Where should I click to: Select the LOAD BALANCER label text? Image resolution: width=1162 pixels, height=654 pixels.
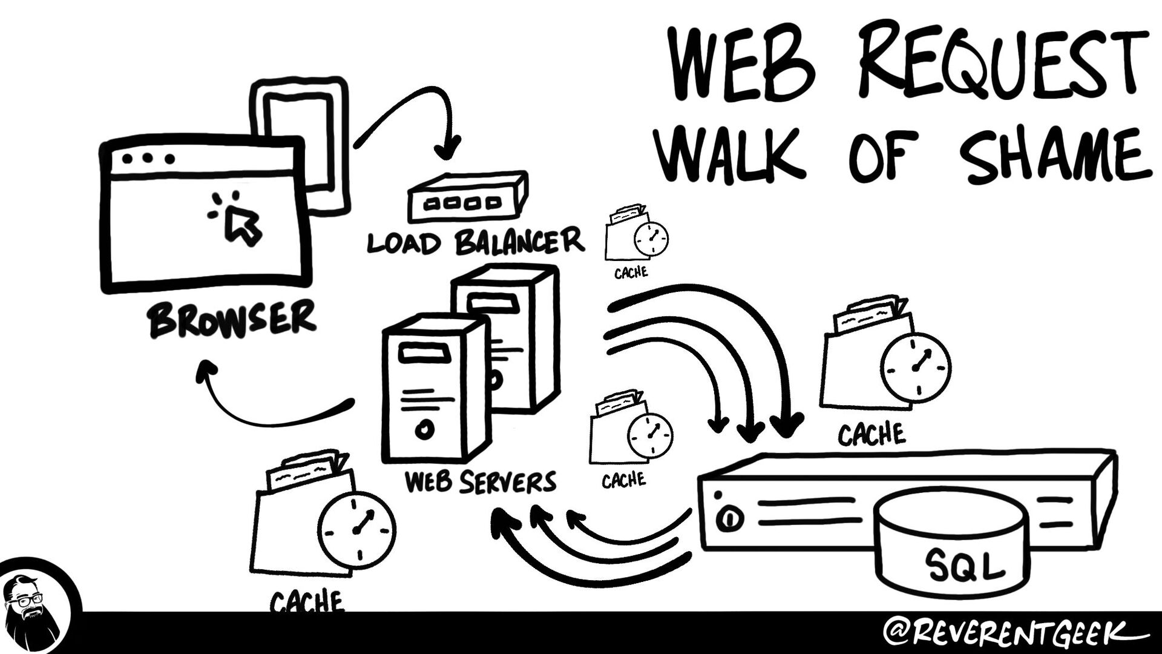click(x=476, y=242)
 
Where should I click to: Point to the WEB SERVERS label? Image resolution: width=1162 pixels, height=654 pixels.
click(x=480, y=482)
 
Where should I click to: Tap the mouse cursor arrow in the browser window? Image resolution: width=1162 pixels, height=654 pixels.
click(x=242, y=224)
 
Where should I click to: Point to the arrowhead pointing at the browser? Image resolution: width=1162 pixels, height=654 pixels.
click(x=206, y=369)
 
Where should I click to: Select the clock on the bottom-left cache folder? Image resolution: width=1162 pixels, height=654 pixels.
click(x=357, y=530)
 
